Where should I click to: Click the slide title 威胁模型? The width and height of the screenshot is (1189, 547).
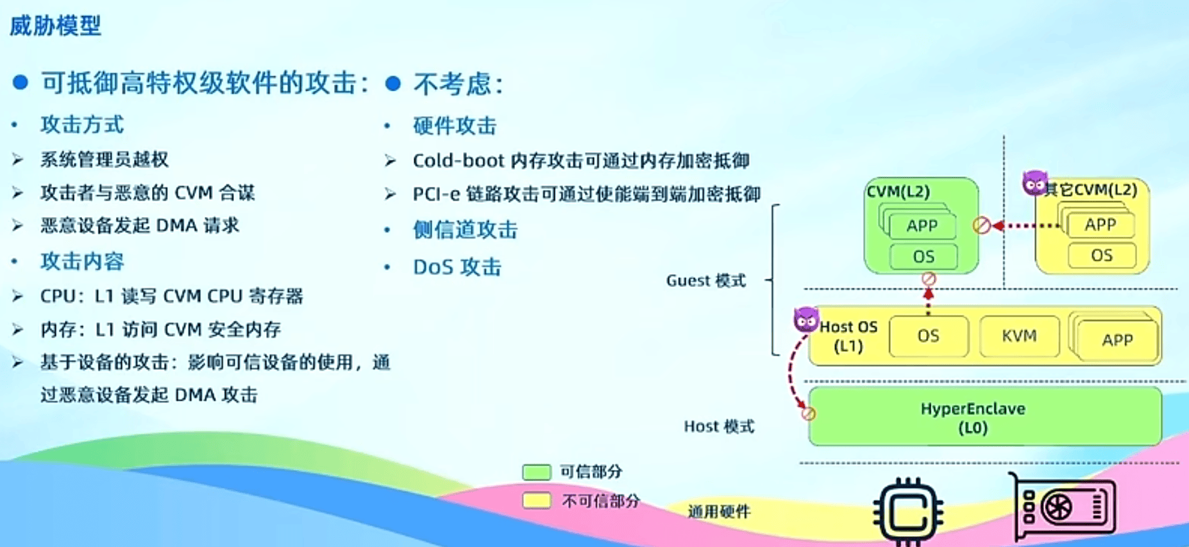pyautogui.click(x=55, y=26)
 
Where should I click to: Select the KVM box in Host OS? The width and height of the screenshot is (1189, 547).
pyautogui.click(x=1019, y=336)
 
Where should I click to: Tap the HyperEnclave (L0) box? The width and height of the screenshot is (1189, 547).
pyautogui.click(x=985, y=417)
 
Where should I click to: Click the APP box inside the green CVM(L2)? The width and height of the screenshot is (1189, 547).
pyautogui.click(x=922, y=225)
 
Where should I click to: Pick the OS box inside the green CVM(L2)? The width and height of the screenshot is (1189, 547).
pyautogui.click(x=923, y=257)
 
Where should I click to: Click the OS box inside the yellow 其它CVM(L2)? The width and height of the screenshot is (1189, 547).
pyautogui.click(x=1102, y=256)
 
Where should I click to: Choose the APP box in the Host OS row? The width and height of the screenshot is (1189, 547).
pyautogui.click(x=1117, y=340)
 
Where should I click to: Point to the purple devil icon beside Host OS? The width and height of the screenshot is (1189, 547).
pyautogui.click(x=806, y=319)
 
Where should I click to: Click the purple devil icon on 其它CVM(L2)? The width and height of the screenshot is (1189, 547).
pyautogui.click(x=1034, y=183)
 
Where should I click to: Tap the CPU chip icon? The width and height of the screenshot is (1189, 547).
pyautogui.click(x=908, y=512)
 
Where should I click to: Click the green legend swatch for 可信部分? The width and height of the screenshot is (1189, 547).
pyautogui.click(x=537, y=473)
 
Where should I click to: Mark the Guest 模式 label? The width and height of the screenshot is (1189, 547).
pyautogui.click(x=706, y=281)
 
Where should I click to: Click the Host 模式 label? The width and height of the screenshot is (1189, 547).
pyautogui.click(x=719, y=426)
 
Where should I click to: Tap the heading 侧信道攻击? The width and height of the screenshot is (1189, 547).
pyautogui.click(x=465, y=230)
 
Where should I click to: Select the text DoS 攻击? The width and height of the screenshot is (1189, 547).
pyautogui.click(x=457, y=267)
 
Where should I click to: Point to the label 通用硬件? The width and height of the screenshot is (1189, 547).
pyautogui.click(x=719, y=512)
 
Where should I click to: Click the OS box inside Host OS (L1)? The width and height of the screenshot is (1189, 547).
pyautogui.click(x=928, y=336)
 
